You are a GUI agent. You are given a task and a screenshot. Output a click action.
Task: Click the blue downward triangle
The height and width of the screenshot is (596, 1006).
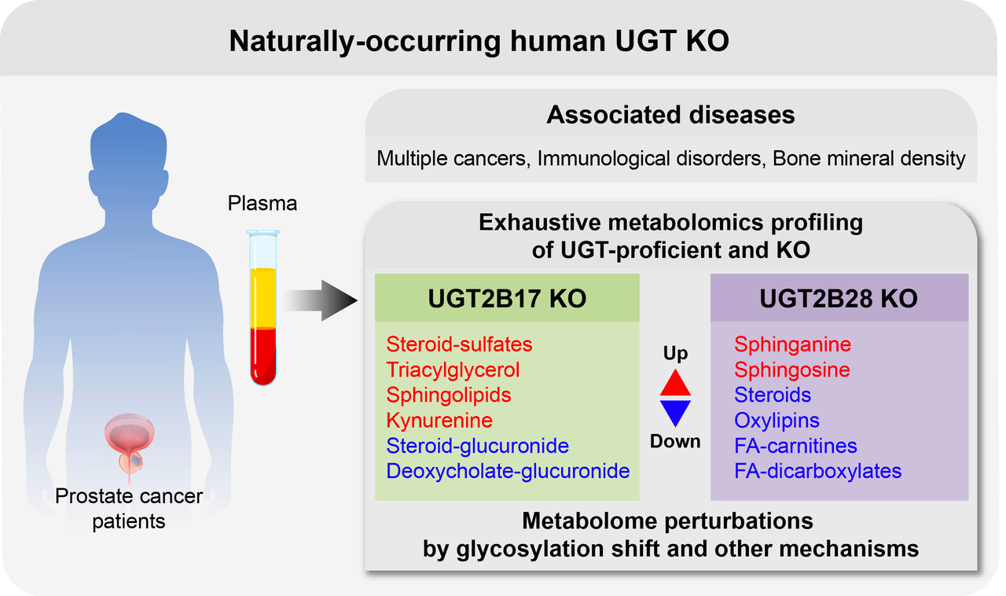click(x=675, y=412)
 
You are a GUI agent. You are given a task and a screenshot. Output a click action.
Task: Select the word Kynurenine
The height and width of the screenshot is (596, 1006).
click(x=439, y=421)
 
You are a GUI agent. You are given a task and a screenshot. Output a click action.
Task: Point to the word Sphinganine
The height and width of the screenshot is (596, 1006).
click(x=792, y=344)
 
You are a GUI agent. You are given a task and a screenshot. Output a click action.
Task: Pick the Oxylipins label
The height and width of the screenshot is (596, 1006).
click(x=777, y=421)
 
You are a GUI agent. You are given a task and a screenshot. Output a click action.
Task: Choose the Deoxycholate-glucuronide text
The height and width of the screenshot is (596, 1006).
click(x=508, y=472)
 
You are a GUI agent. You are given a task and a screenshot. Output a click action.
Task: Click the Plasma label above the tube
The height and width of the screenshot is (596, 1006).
click(x=263, y=204)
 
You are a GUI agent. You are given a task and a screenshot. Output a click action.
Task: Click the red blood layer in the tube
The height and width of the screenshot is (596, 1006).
click(x=263, y=354)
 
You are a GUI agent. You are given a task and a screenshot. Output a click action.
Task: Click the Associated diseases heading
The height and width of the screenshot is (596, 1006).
click(x=670, y=116)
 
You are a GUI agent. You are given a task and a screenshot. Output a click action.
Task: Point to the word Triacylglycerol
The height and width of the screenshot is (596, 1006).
click(x=453, y=370)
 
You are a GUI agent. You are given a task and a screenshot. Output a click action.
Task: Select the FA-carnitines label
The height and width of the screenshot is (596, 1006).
click(x=795, y=446)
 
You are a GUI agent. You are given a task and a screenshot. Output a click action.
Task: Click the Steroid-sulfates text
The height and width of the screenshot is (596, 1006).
click(x=459, y=344)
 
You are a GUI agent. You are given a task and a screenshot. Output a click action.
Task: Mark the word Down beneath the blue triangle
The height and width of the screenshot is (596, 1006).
click(x=675, y=441)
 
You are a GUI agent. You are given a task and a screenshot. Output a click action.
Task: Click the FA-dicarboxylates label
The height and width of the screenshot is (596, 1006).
click(x=817, y=472)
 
